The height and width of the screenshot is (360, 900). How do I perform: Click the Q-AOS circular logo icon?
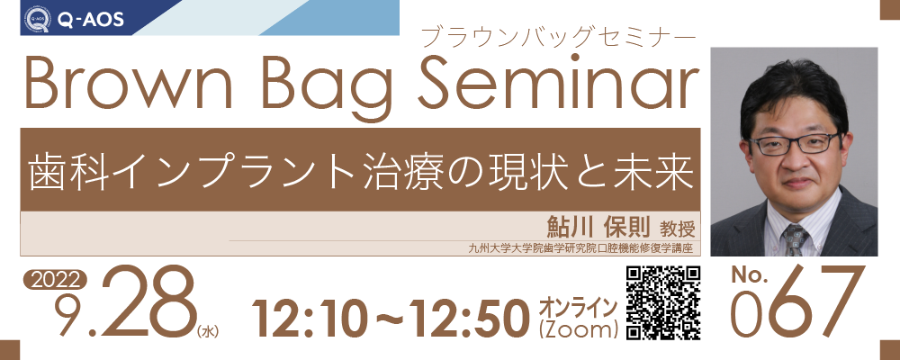37,19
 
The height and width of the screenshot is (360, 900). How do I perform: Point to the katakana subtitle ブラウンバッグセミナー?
558,39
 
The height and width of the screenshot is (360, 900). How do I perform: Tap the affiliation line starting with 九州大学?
580,248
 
